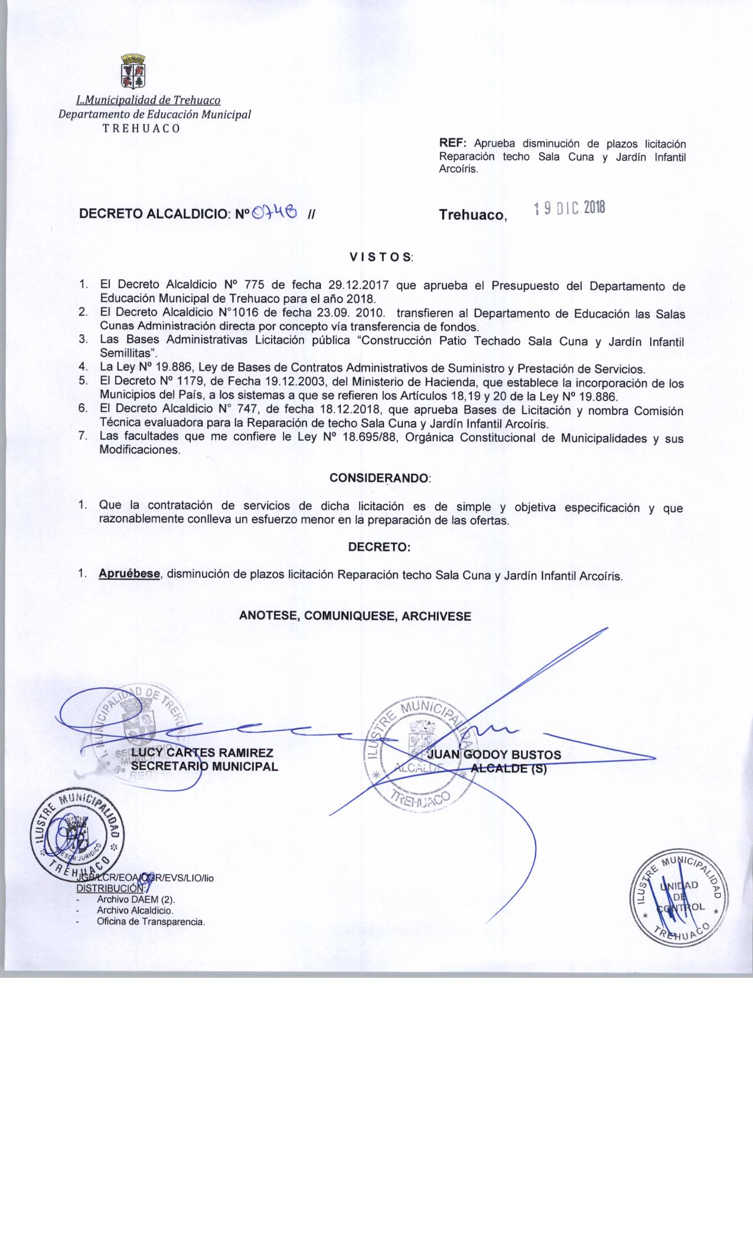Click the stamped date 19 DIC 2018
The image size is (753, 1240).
pos(569,208)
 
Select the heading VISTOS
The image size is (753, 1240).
pos(380,257)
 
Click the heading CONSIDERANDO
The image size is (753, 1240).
pos(380,478)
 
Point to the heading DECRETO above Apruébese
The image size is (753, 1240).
pos(379,547)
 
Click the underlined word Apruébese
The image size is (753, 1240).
pos(130,573)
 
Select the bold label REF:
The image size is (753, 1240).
pos(453,144)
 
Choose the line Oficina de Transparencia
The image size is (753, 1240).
pos(151,921)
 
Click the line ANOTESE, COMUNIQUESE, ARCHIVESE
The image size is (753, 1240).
pos(355,616)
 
